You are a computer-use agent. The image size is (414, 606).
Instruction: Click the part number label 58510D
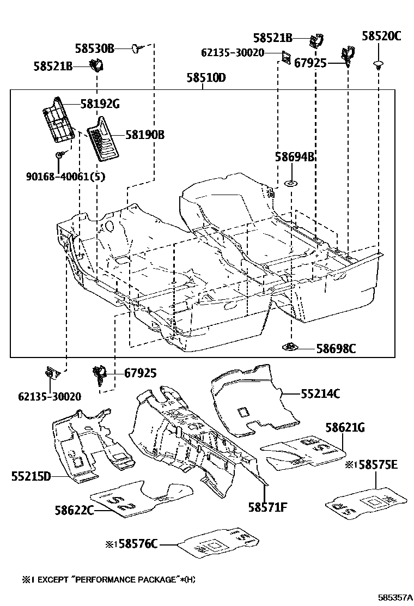(x=206, y=78)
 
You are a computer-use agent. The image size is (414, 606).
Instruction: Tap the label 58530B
(x=95, y=49)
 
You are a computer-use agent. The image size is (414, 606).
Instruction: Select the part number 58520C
(x=381, y=37)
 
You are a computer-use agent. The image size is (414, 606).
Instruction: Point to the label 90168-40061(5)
(x=65, y=176)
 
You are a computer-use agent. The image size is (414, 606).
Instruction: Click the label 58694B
(x=295, y=157)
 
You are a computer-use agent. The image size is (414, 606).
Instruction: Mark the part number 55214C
(x=320, y=393)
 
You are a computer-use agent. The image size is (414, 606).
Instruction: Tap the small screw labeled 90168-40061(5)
(x=58, y=156)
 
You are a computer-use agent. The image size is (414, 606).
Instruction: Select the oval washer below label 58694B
(x=291, y=183)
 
